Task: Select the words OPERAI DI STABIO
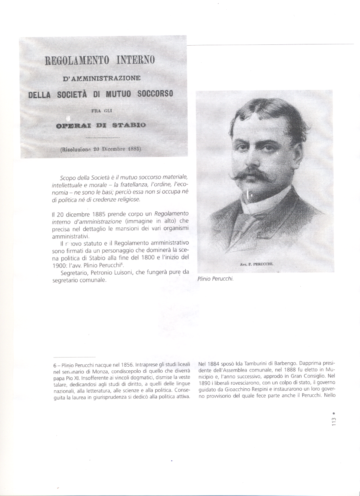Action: coord(101,125)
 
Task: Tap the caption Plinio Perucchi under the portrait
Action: coord(215,279)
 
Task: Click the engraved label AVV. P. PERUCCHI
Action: coord(259,265)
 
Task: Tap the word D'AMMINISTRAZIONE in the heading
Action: coord(102,78)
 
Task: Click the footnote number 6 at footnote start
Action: coord(55,365)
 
